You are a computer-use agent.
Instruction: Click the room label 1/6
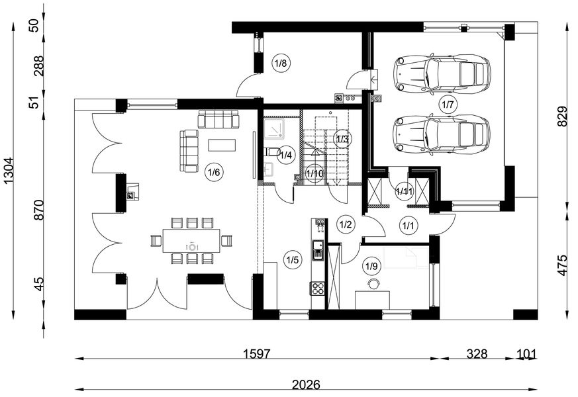click(213, 172)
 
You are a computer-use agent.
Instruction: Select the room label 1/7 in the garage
click(448, 104)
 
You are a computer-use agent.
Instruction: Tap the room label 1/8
click(279, 64)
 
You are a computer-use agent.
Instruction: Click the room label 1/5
click(292, 259)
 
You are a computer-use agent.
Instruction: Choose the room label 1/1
click(408, 226)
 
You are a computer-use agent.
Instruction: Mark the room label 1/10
click(315, 173)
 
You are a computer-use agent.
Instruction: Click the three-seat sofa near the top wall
click(218, 119)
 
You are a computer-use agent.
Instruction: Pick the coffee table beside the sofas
click(222, 144)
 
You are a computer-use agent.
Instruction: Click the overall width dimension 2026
click(305, 384)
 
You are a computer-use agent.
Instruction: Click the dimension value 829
click(563, 118)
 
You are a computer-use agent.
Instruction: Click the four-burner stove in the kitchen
click(318, 288)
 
